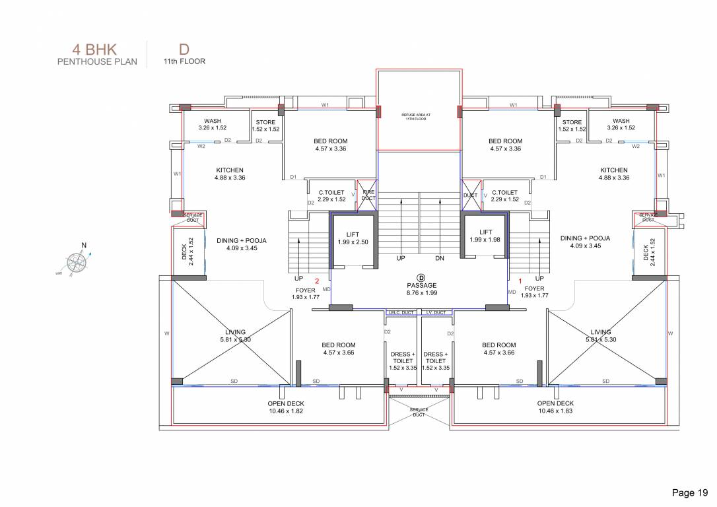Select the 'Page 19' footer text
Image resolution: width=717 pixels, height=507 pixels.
pyautogui.click(x=689, y=492)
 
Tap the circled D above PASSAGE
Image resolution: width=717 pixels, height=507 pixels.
pyautogui.click(x=419, y=277)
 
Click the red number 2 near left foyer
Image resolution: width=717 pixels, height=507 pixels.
pyautogui.click(x=317, y=281)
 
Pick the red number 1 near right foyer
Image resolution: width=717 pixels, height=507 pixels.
pyautogui.click(x=520, y=281)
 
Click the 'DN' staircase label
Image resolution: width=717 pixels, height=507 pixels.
pyautogui.click(x=440, y=259)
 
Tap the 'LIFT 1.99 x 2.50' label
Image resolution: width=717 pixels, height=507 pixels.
pyautogui.click(x=353, y=238)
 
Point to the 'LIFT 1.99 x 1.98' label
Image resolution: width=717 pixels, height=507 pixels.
pyautogui.click(x=485, y=236)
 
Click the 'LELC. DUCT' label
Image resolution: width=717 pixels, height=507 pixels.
pyautogui.click(x=400, y=312)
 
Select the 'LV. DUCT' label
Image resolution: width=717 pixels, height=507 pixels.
pyautogui.click(x=436, y=312)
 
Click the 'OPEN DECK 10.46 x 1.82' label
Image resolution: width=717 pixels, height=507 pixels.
pyautogui.click(x=286, y=407)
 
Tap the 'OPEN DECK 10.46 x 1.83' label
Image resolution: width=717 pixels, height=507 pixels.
pyautogui.click(x=555, y=407)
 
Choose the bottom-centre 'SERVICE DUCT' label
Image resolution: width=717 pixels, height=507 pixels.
pyautogui.click(x=419, y=413)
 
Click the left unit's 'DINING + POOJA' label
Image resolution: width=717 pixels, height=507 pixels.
pyautogui.click(x=242, y=244)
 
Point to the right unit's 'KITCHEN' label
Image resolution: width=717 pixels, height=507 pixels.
pyautogui.click(x=613, y=174)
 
